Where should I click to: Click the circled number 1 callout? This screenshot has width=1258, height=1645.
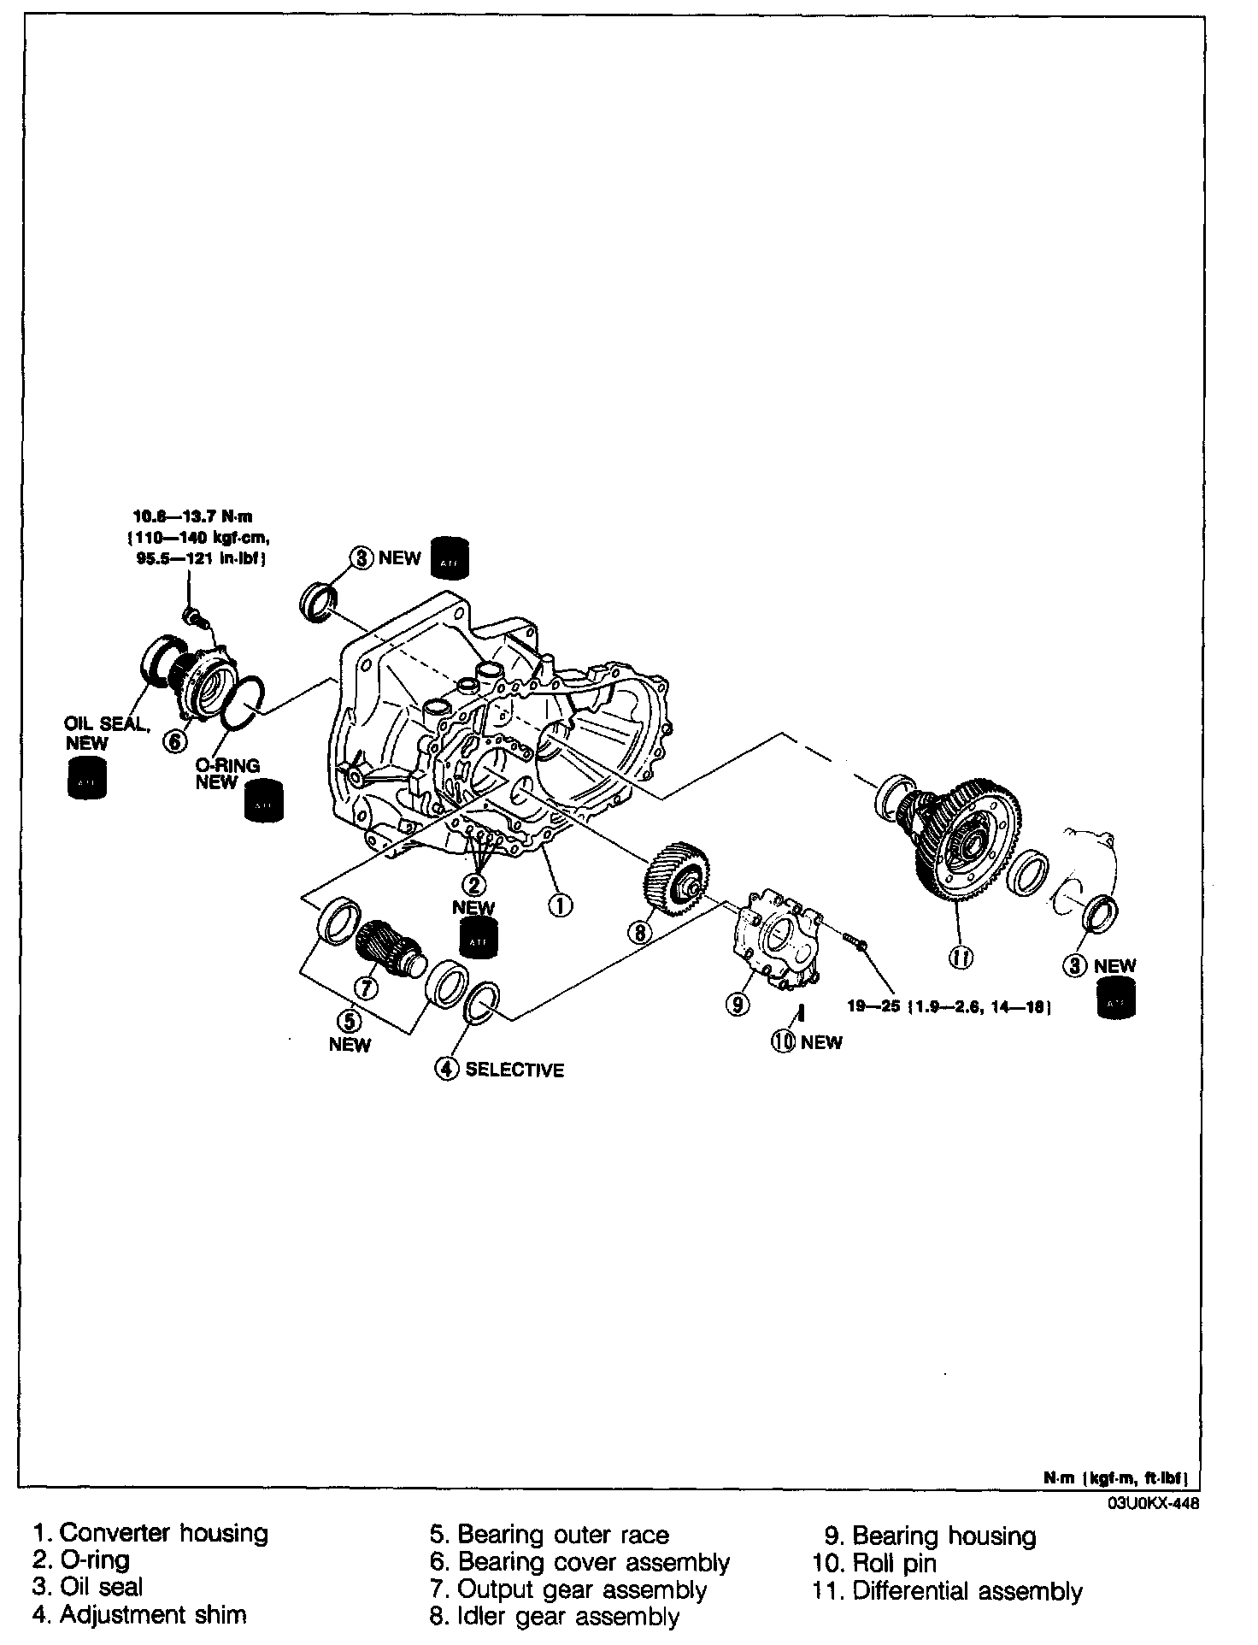coord(560,905)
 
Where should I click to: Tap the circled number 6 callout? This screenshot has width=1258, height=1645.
coord(174,741)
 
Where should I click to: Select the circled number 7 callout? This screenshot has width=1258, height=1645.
coord(366,988)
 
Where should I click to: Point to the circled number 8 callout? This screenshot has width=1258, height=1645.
coord(640,932)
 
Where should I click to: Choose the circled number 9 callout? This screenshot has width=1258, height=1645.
coord(738,1005)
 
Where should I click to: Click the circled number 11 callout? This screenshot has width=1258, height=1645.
coord(961,958)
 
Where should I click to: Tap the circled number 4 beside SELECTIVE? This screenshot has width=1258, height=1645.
coord(447,1069)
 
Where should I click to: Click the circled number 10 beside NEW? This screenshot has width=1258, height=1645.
coord(784,1041)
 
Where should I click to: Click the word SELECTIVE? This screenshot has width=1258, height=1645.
coord(514,1070)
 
